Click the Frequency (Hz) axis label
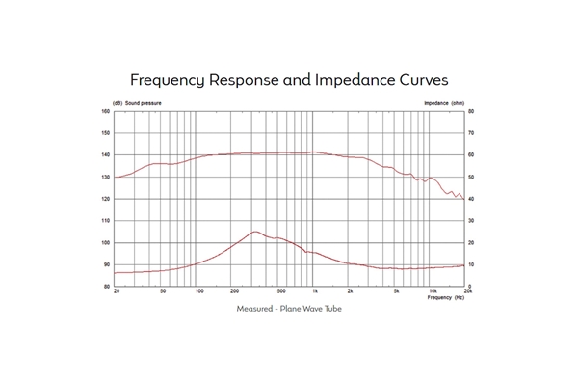446,298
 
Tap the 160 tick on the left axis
106,111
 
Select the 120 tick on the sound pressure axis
106,199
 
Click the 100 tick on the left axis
106,243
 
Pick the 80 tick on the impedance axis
472,111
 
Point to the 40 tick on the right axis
472,199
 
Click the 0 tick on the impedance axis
471,287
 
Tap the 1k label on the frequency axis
315,291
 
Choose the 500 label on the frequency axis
280,291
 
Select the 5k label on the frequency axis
397,291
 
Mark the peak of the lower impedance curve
255,232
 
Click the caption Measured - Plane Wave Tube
289,309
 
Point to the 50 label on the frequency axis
163,291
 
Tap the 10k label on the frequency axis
433,291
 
